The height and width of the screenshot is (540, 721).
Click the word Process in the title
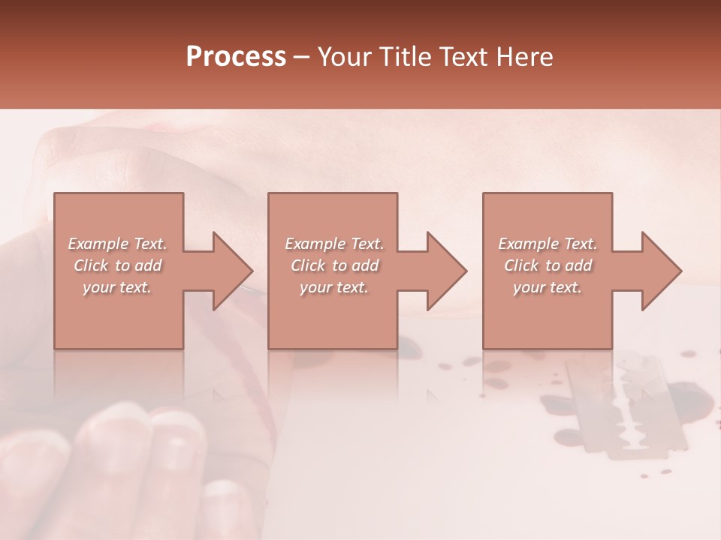[236, 57]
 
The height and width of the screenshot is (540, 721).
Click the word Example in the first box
[98, 244]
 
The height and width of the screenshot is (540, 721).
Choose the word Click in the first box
[92, 265]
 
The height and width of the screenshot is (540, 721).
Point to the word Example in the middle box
[315, 244]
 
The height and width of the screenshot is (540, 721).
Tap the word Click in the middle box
[309, 265]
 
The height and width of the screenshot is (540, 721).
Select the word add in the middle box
[365, 265]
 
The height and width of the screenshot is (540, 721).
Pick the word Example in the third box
[528, 244]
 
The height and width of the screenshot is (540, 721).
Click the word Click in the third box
[522, 265]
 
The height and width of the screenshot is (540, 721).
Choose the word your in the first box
[98, 287]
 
